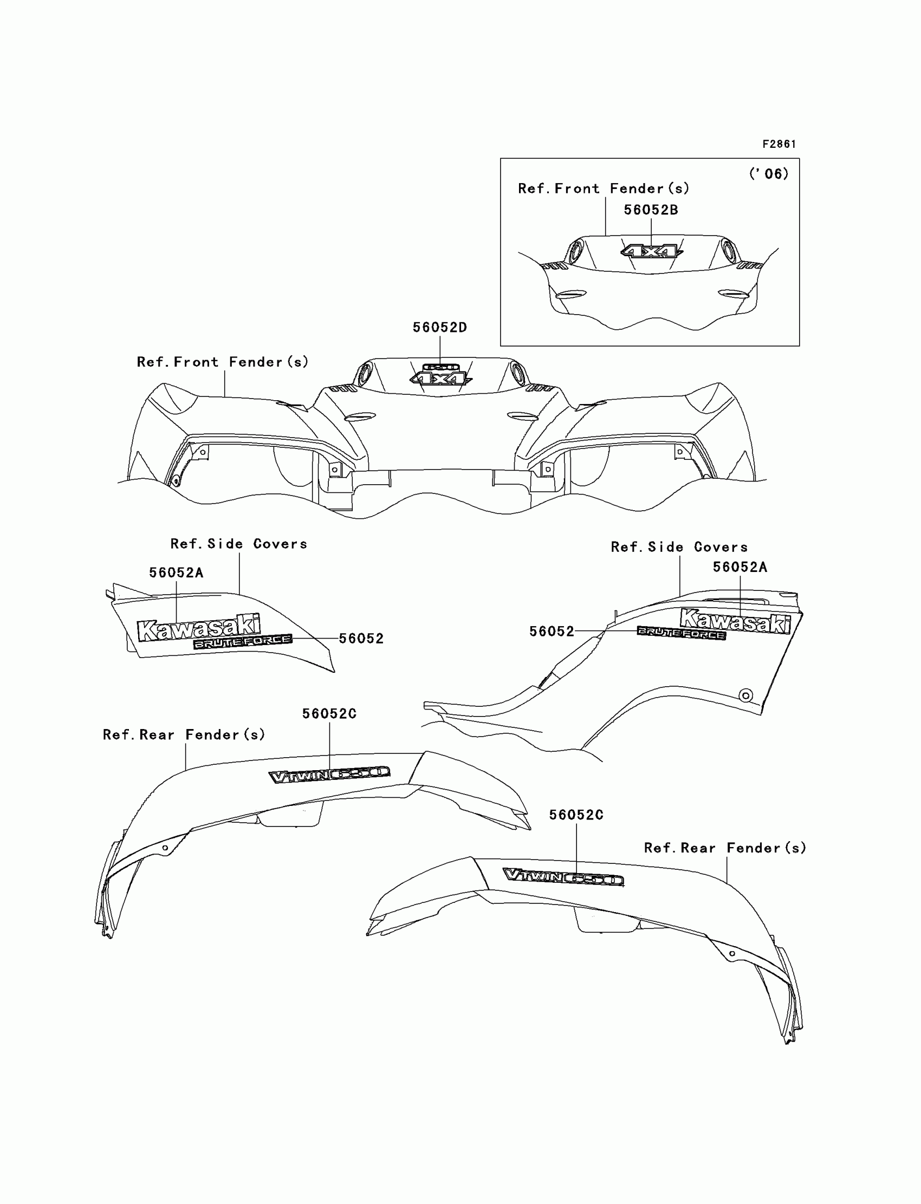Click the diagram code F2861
(x=779, y=144)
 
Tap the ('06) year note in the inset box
(x=769, y=174)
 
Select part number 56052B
(x=651, y=210)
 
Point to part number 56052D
(x=440, y=327)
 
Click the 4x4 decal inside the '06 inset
(x=651, y=252)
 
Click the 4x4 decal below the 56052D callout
(x=440, y=378)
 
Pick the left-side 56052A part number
(x=176, y=572)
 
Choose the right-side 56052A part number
(x=740, y=567)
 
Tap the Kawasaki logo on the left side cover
(x=198, y=627)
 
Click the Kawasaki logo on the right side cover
(x=735, y=621)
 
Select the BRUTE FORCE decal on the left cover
(x=242, y=642)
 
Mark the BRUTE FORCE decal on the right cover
(x=681, y=634)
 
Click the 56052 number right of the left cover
(x=361, y=639)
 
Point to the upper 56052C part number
(x=329, y=713)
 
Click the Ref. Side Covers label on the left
(x=238, y=544)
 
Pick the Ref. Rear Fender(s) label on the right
(x=725, y=848)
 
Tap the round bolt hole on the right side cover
(x=745, y=695)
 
